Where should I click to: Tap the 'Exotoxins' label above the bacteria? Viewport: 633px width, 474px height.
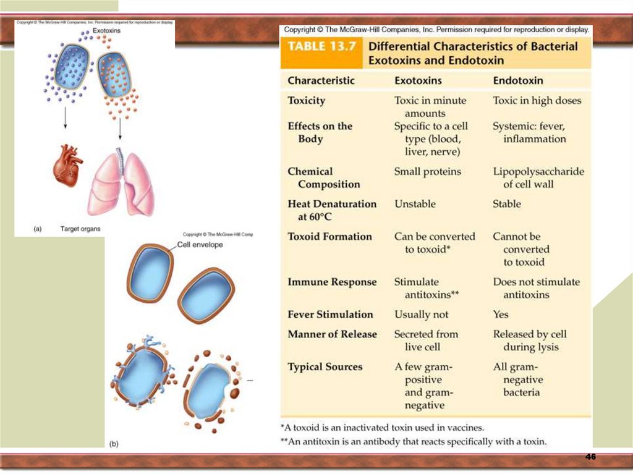click(106, 30)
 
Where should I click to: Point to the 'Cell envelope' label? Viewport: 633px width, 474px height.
click(200, 245)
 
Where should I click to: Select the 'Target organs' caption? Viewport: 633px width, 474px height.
click(80, 229)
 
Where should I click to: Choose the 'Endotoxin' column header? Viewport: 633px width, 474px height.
click(518, 80)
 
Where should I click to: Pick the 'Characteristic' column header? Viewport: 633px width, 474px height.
click(321, 80)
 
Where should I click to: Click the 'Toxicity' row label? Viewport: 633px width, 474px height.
click(307, 101)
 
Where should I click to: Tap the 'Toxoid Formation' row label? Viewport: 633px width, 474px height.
click(330, 237)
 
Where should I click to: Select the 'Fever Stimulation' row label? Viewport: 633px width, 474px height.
click(331, 315)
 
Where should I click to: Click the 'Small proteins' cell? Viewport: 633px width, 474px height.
click(428, 172)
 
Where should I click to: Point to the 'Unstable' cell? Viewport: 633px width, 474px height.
click(415, 204)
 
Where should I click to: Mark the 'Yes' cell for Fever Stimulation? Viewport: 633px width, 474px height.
click(501, 315)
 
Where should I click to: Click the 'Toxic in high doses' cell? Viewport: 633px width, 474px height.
click(537, 101)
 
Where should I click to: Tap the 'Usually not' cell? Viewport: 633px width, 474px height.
click(422, 315)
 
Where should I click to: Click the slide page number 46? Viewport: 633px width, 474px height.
click(590, 457)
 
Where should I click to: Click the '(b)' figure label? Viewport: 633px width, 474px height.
click(114, 444)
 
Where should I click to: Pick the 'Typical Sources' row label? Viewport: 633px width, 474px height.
click(325, 367)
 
